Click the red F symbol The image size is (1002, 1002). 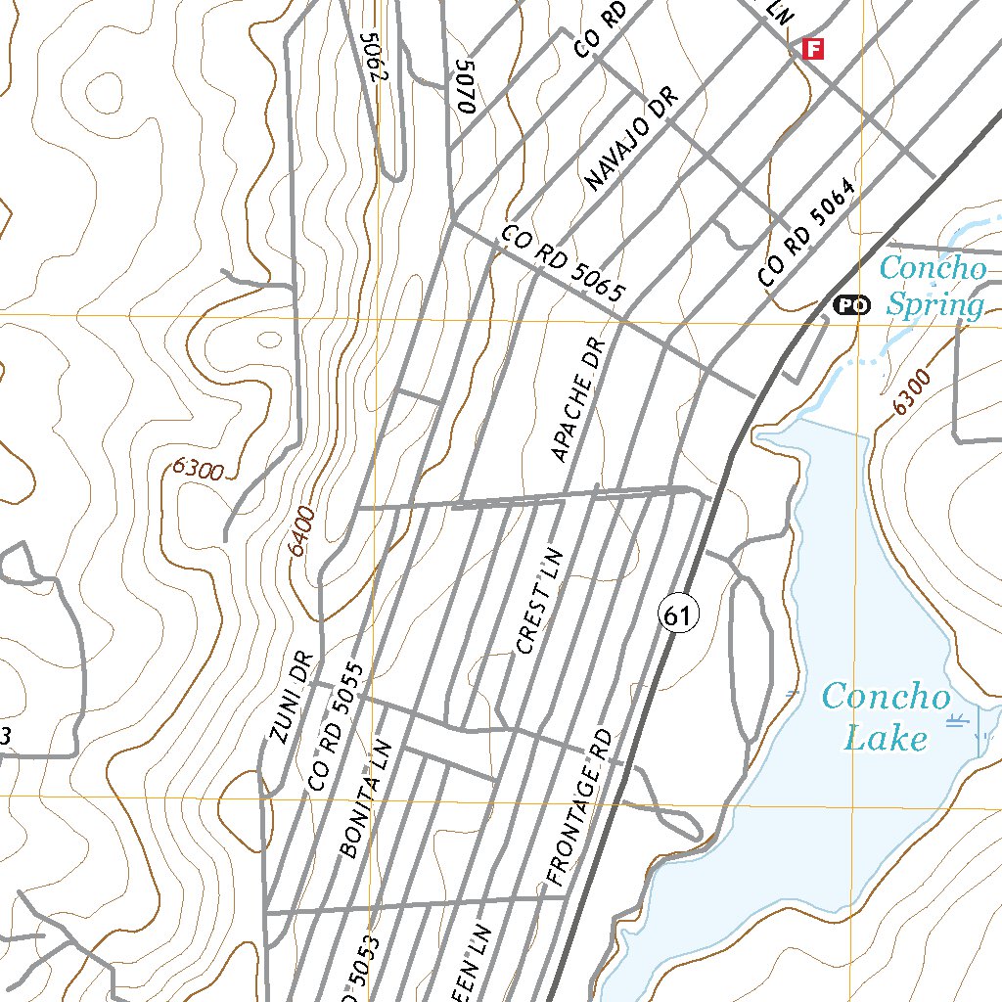pyautogui.click(x=812, y=48)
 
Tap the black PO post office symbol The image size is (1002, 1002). pyautogui.click(x=851, y=306)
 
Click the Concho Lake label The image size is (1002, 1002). pyautogui.click(x=886, y=716)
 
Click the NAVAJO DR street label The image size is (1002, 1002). pyautogui.click(x=623, y=144)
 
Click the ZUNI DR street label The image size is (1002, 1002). pyautogui.click(x=292, y=698)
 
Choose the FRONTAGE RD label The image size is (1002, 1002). pyautogui.click(x=579, y=808)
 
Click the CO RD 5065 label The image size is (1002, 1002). pyautogui.click(x=563, y=264)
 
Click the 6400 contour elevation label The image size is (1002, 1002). pyautogui.click(x=301, y=530)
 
